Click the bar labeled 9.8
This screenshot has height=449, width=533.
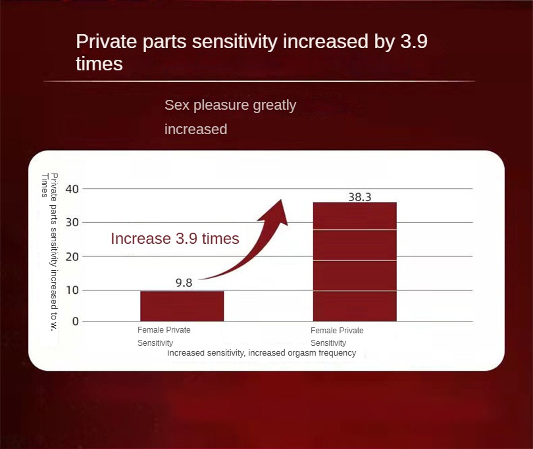tap(182, 306)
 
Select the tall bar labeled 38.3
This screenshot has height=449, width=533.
tap(355, 262)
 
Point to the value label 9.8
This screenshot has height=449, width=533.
tap(184, 283)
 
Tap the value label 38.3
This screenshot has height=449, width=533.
tap(360, 197)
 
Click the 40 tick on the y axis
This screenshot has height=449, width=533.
tap(72, 189)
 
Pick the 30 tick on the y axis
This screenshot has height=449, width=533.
tap(72, 222)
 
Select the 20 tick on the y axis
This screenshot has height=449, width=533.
tap(72, 256)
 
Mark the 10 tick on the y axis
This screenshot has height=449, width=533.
tap(72, 290)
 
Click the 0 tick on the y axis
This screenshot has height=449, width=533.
tap(76, 321)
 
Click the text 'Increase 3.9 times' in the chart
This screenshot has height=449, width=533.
tap(175, 239)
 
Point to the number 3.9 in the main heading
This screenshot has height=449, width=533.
tap(414, 41)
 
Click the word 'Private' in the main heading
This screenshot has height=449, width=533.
tap(107, 42)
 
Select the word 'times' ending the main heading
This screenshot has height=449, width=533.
tap(99, 64)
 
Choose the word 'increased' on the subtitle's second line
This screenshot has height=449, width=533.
tap(196, 130)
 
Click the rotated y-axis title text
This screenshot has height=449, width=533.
tap(49, 252)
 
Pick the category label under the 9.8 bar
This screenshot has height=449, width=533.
tap(164, 336)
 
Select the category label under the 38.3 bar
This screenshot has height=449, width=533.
tap(337, 337)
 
